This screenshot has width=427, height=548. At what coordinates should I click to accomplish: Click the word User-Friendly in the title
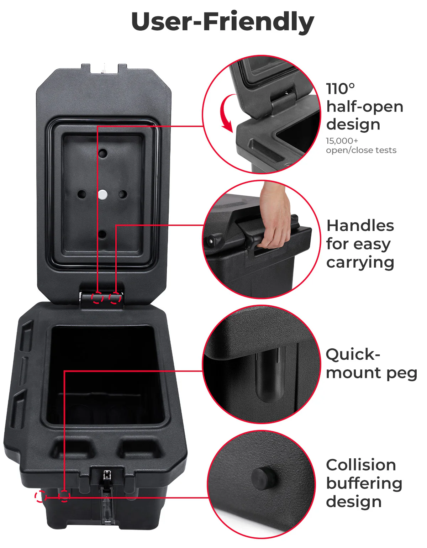coord(223,22)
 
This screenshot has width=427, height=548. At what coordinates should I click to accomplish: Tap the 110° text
coord(341,89)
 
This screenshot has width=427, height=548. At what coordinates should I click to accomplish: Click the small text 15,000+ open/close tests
coord(361,146)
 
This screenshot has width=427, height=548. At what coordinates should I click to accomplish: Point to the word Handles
coord(360,226)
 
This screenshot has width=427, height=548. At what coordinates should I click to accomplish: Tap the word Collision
coord(361,465)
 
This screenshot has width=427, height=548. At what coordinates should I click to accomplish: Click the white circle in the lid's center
coord(102,194)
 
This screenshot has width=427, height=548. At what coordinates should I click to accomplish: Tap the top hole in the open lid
coord(103,154)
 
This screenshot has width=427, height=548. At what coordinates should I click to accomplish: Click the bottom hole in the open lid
coord(102,235)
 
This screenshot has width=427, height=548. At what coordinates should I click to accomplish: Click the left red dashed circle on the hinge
coord(97,297)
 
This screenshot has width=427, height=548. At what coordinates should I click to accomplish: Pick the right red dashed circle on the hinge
coord(115,297)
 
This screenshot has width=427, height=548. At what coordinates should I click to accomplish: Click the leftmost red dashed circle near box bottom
coord(41,496)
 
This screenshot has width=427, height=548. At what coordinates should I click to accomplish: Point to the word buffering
coord(364,484)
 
